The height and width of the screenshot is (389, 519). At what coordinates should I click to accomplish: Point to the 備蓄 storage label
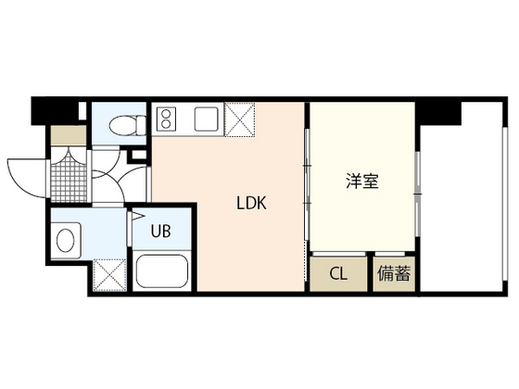(394, 274)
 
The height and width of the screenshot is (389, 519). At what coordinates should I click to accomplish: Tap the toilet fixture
(122, 126)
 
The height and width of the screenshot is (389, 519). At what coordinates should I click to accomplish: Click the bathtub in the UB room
(163, 273)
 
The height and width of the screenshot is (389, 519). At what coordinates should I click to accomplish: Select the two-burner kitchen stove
(168, 119)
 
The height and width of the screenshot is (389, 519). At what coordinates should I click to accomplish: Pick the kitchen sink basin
(206, 118)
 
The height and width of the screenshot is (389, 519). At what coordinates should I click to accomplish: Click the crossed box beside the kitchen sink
(239, 119)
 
